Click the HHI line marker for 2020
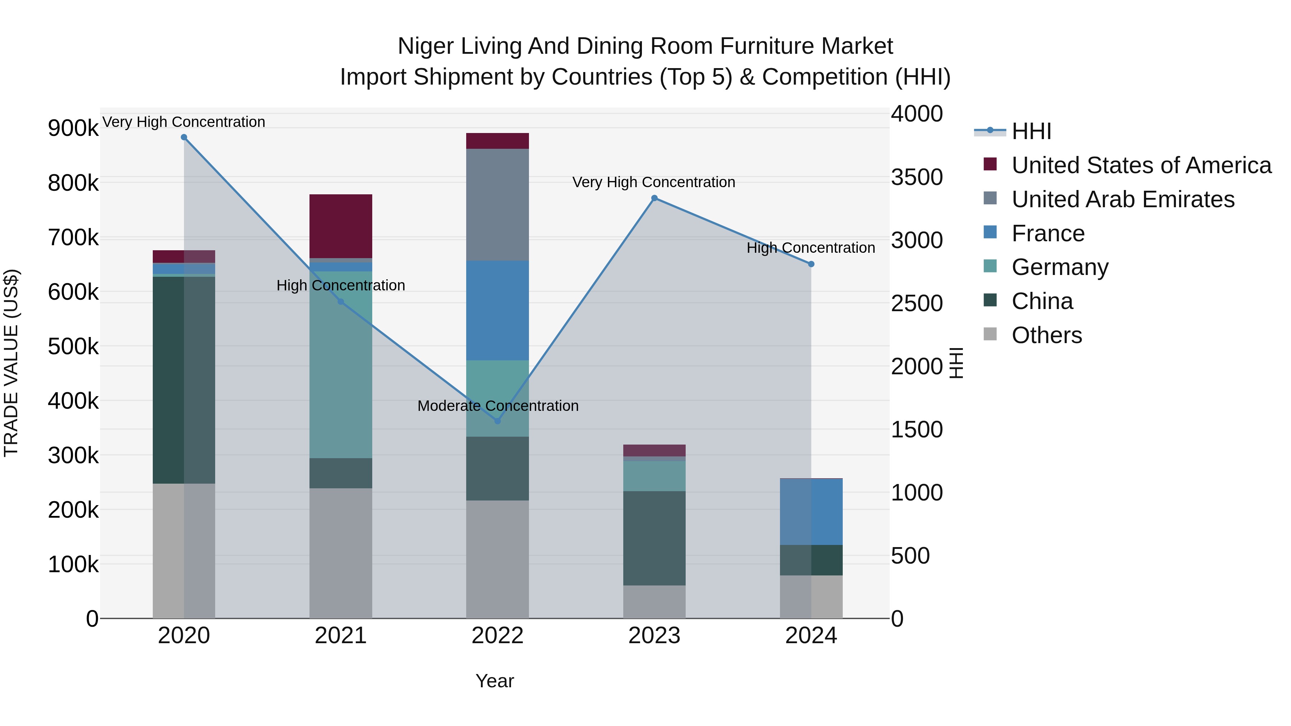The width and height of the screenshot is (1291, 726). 184,137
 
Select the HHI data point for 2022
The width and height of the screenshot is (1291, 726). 498,421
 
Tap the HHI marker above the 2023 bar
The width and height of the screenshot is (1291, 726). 654,198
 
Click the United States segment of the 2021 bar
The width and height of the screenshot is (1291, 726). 341,226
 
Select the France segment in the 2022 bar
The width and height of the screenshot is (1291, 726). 498,310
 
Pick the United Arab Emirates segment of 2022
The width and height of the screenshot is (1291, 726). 498,204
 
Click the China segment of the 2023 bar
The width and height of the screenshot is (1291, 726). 654,538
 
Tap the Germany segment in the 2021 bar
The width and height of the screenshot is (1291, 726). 341,364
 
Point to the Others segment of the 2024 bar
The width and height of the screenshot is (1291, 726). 811,596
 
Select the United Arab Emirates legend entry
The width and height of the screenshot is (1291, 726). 1122,199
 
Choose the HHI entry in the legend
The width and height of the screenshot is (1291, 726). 1031,131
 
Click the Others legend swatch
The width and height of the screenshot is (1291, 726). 990,334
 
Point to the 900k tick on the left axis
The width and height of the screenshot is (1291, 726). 73,129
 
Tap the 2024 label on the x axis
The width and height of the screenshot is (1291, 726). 811,636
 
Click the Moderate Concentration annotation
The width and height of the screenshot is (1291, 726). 498,406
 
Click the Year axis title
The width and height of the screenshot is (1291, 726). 495,681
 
